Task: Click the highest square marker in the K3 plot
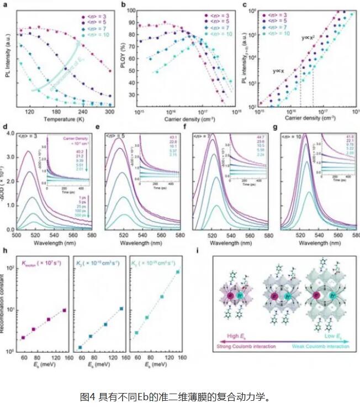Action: (x=178, y=272)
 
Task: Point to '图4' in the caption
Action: (x=88, y=396)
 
